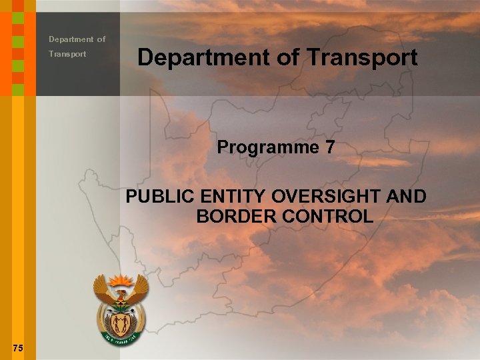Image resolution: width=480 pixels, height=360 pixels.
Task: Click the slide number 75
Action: (x=18, y=347)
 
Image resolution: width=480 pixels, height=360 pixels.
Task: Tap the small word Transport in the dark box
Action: (x=67, y=54)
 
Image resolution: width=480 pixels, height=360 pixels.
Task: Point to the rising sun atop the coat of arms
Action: (x=121, y=279)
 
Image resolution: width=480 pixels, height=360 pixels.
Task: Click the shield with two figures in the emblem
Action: (x=121, y=325)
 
